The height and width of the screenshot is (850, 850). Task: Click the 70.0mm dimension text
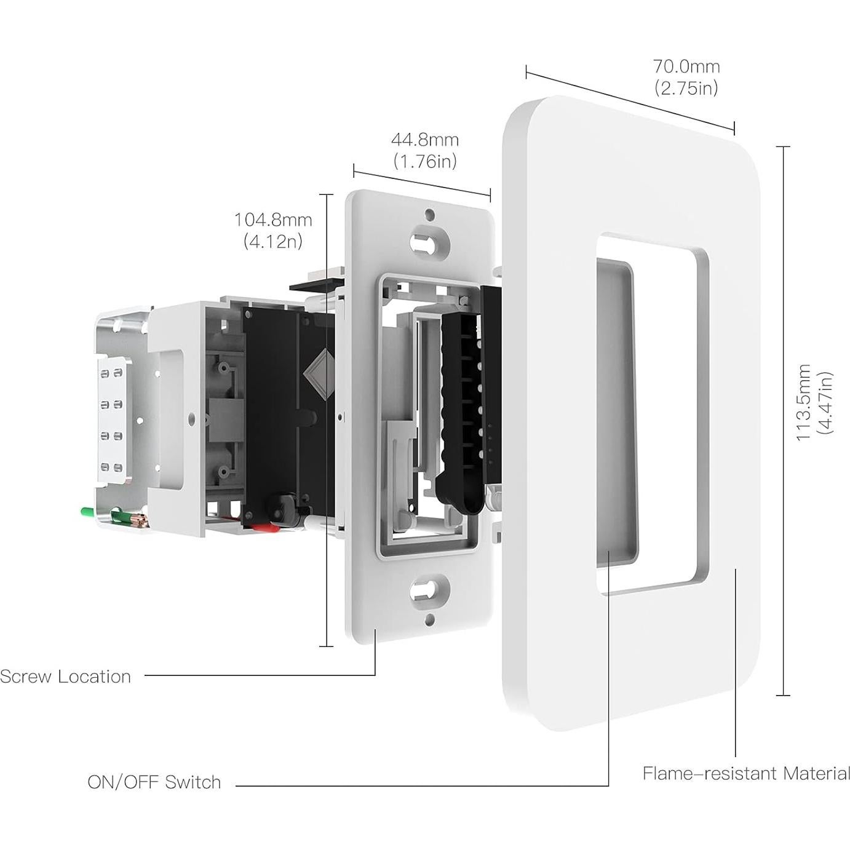tap(686, 66)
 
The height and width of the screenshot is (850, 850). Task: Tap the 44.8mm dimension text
tap(425, 140)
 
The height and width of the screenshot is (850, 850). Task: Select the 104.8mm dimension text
tap(272, 220)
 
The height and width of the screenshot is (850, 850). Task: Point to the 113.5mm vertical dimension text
tap(803, 402)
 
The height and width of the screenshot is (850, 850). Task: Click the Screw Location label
tap(65, 677)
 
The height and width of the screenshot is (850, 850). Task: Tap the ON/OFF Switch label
tap(154, 782)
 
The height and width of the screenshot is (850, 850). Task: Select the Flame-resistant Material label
tap(746, 773)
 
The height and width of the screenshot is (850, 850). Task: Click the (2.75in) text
tap(686, 88)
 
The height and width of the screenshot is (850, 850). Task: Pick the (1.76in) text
tap(425, 161)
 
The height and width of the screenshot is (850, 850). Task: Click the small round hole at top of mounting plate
tap(430, 215)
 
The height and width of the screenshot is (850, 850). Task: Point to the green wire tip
tap(86, 510)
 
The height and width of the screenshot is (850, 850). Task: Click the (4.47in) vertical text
tap(825, 402)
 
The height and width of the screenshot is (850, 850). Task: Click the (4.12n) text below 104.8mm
tap(272, 241)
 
